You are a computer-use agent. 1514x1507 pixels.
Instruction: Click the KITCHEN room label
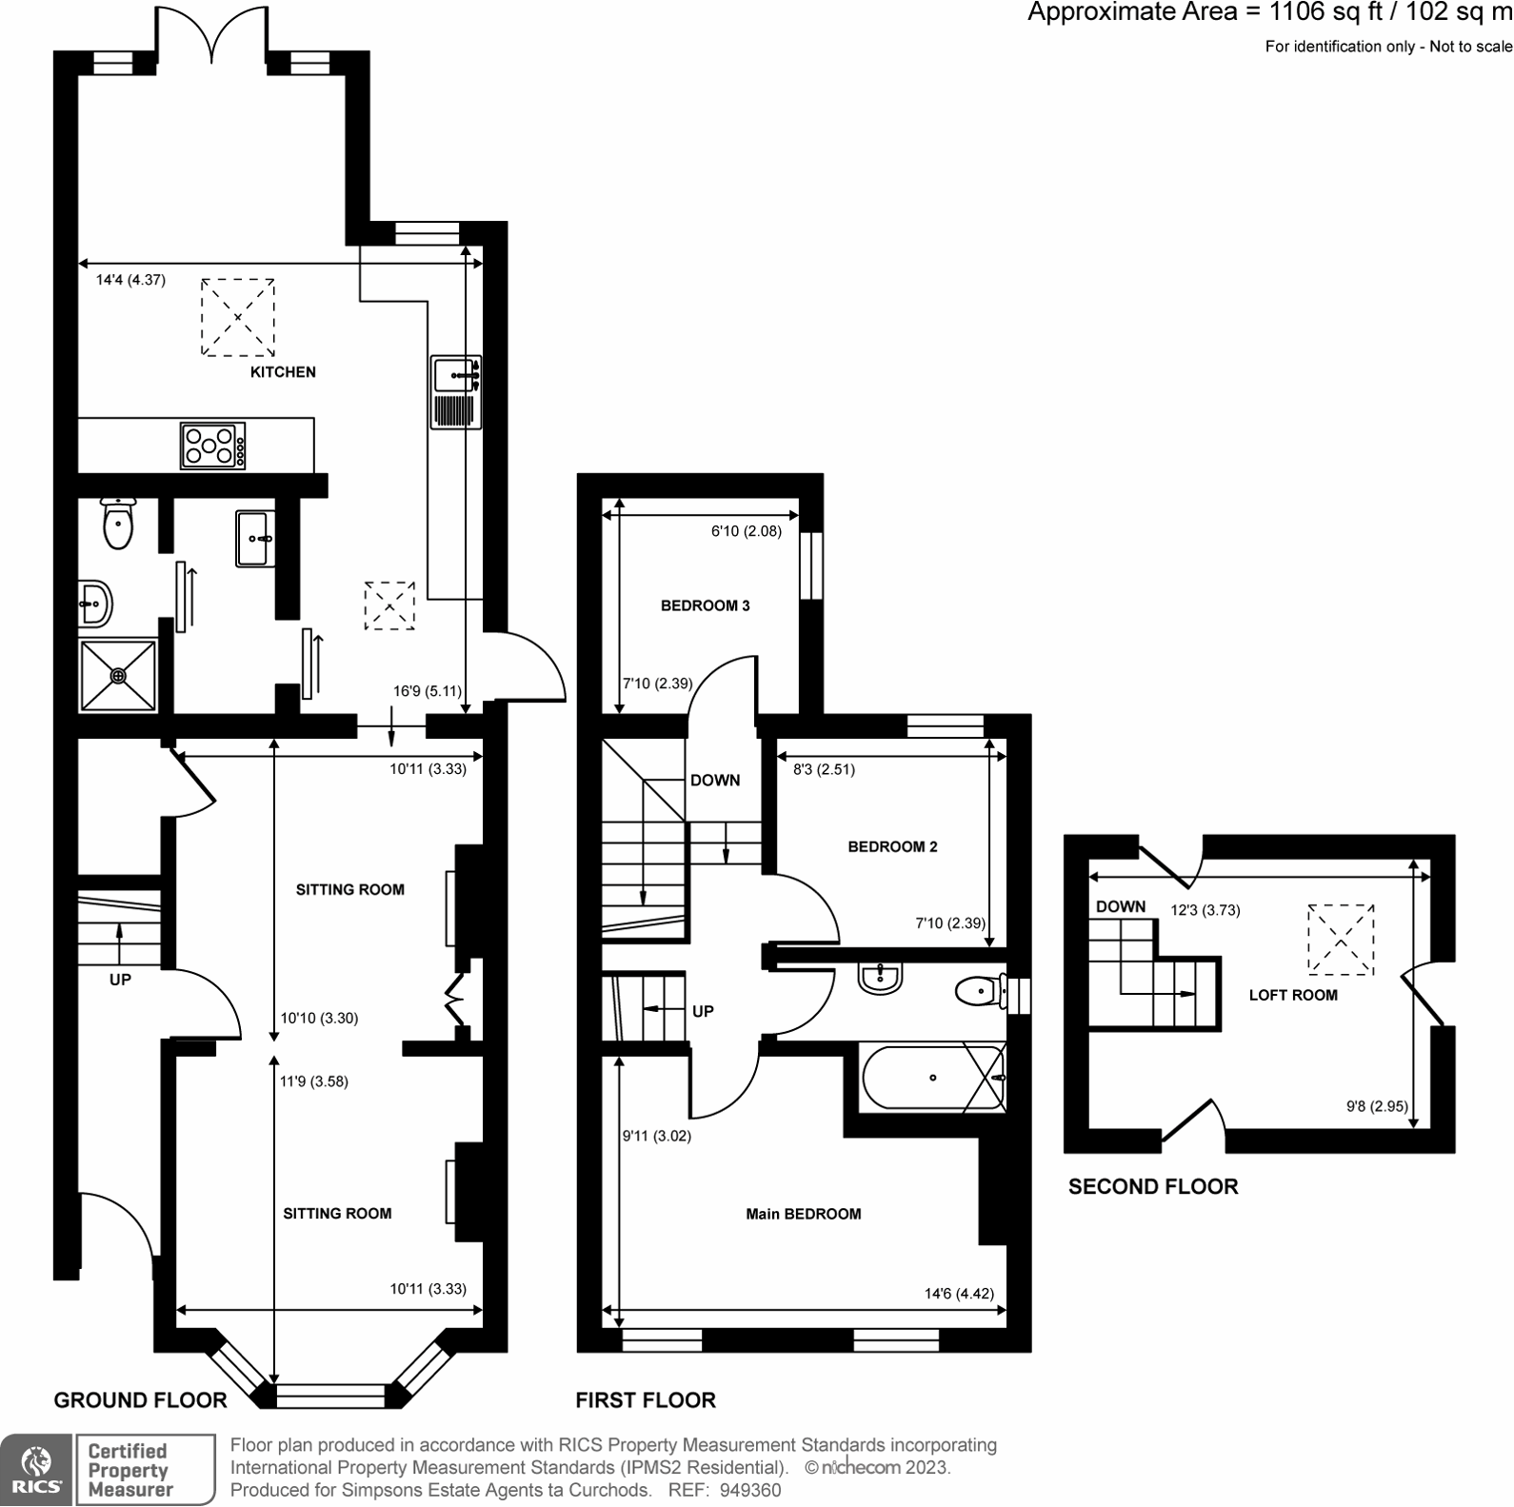point(283,372)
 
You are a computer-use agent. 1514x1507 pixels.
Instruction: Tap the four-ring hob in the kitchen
point(213,446)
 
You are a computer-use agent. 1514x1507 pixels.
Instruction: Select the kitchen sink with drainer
point(456,392)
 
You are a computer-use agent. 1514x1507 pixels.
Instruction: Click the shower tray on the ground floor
point(118,675)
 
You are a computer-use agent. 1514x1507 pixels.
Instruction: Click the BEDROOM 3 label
point(705,605)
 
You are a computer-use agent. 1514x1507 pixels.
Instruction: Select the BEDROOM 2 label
point(892,846)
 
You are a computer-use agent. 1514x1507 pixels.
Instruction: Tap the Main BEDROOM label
point(803,1214)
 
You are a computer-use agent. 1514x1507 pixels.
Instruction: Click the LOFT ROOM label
point(1292,995)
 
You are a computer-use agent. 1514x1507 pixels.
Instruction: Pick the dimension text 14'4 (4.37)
point(130,280)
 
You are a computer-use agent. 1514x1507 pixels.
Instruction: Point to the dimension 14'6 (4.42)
point(959,1293)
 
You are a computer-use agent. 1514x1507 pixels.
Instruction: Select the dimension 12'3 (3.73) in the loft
point(1205,910)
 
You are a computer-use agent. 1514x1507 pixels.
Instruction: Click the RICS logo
point(36,1470)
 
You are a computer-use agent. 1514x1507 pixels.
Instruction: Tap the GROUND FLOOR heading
point(140,1399)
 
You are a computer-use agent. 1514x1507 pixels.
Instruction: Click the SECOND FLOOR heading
point(1152,1186)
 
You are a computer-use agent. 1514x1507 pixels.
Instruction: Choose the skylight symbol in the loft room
point(1341,940)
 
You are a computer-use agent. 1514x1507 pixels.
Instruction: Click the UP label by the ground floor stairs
point(120,980)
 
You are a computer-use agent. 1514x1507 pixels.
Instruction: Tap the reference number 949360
point(751,1490)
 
